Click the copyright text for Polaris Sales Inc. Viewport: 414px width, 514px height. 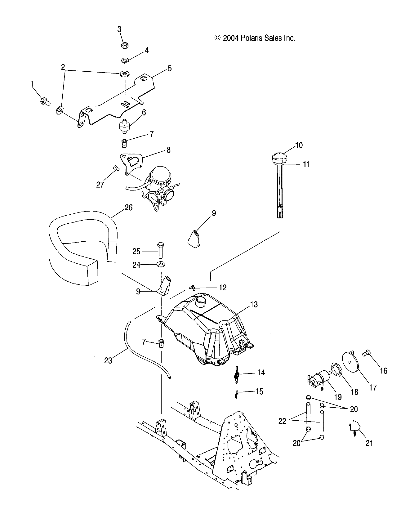[254, 38]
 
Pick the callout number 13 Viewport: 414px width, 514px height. [254, 304]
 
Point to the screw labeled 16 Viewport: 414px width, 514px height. [367, 353]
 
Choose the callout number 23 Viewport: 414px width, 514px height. [108, 360]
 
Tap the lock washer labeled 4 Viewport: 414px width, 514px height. [126, 60]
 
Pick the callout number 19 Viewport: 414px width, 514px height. [338, 397]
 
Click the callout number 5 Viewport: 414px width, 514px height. [170, 68]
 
